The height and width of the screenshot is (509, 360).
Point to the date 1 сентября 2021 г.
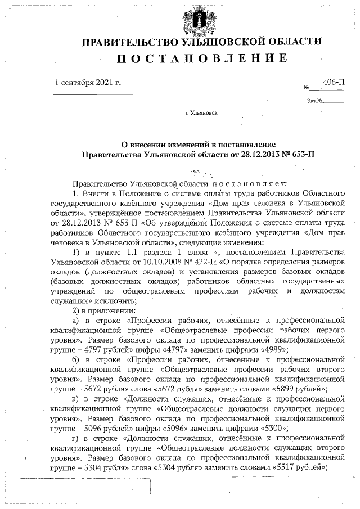88,83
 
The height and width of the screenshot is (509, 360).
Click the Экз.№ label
314,101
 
